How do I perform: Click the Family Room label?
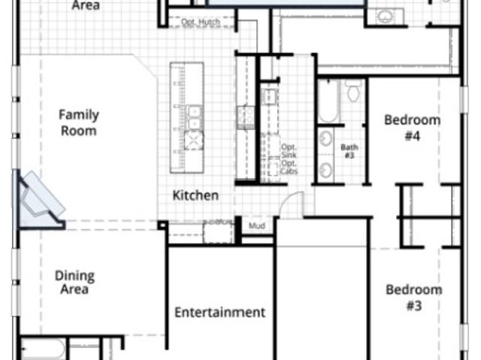pyautogui.click(x=79, y=123)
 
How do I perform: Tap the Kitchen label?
pyautogui.click(x=195, y=195)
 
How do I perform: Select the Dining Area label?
pyautogui.click(x=74, y=283)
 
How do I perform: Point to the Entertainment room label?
pyautogui.click(x=219, y=312)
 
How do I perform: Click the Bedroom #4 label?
pyautogui.click(x=413, y=128)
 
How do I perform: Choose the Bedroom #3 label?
pyautogui.click(x=414, y=298)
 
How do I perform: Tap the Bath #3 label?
pyautogui.click(x=349, y=151)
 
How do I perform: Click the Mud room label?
pyautogui.click(x=257, y=226)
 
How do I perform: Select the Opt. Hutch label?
pyautogui.click(x=201, y=22)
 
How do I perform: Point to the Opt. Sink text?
pyautogui.click(x=289, y=150)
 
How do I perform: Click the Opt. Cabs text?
pyautogui.click(x=289, y=167)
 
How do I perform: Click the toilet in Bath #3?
pyautogui.click(x=353, y=91)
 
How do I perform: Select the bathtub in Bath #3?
pyautogui.click(x=328, y=101)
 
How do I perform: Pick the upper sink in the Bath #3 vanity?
pyautogui.click(x=325, y=139)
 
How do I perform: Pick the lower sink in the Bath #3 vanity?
pyautogui.click(x=325, y=170)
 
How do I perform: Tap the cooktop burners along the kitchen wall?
pyautogui.click(x=246, y=116)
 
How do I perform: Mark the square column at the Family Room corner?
pyautogui.click(x=162, y=225)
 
